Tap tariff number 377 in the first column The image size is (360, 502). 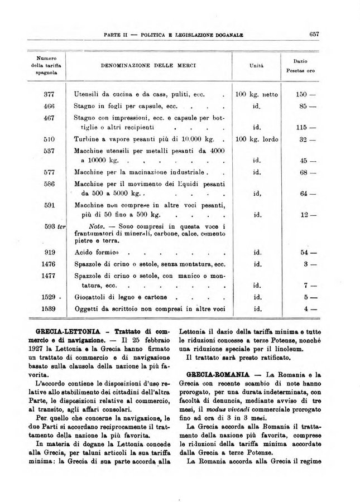coord(49,95)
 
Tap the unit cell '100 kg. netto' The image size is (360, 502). coord(257,95)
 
